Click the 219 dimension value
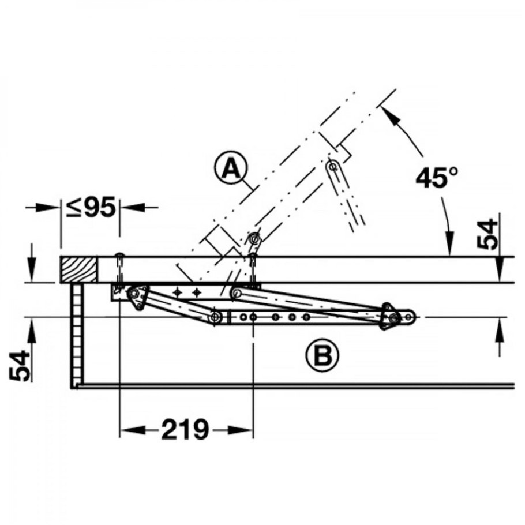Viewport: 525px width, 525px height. click(185, 429)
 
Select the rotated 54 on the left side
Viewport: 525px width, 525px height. click(21, 365)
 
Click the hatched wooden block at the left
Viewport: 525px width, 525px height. click(78, 269)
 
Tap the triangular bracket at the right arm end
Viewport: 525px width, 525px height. click(388, 317)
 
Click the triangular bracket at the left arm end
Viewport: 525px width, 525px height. click(136, 297)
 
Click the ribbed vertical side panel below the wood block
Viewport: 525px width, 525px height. click(77, 334)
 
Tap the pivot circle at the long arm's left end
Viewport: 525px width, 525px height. click(235, 294)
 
